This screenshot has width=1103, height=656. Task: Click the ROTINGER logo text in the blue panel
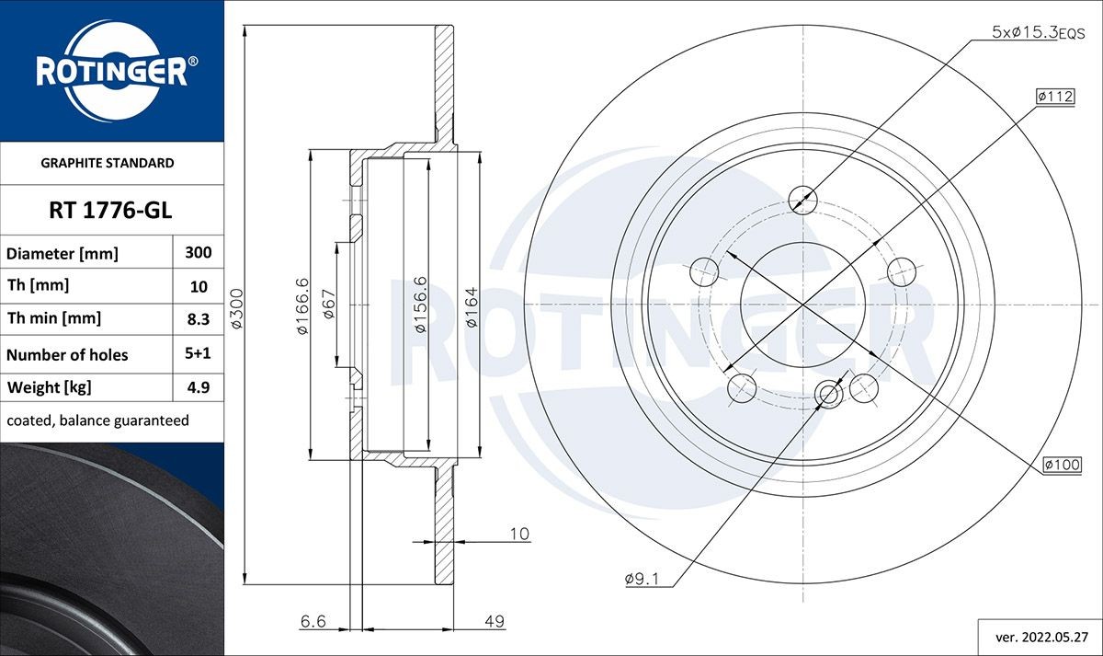pyautogui.click(x=111, y=72)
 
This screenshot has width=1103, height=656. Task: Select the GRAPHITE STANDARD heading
pyautogui.click(x=108, y=163)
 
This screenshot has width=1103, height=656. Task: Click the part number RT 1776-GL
pyautogui.click(x=110, y=211)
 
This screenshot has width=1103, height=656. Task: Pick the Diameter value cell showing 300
pyautogui.click(x=199, y=252)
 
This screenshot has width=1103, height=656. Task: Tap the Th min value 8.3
pyautogui.click(x=199, y=318)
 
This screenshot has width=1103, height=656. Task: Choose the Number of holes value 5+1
pyautogui.click(x=199, y=353)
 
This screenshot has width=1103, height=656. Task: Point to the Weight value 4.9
pyautogui.click(x=199, y=387)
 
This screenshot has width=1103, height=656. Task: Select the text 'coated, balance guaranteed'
pyautogui.click(x=97, y=420)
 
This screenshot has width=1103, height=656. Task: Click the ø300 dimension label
pyautogui.click(x=236, y=309)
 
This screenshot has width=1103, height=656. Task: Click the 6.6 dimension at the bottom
pyautogui.click(x=313, y=622)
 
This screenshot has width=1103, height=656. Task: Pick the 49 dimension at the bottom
pyautogui.click(x=495, y=622)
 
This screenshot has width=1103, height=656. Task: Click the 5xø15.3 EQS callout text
pyautogui.click(x=1038, y=32)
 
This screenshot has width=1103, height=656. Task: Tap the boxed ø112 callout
pyautogui.click(x=1054, y=96)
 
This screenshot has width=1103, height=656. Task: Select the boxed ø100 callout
pyautogui.click(x=1062, y=466)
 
